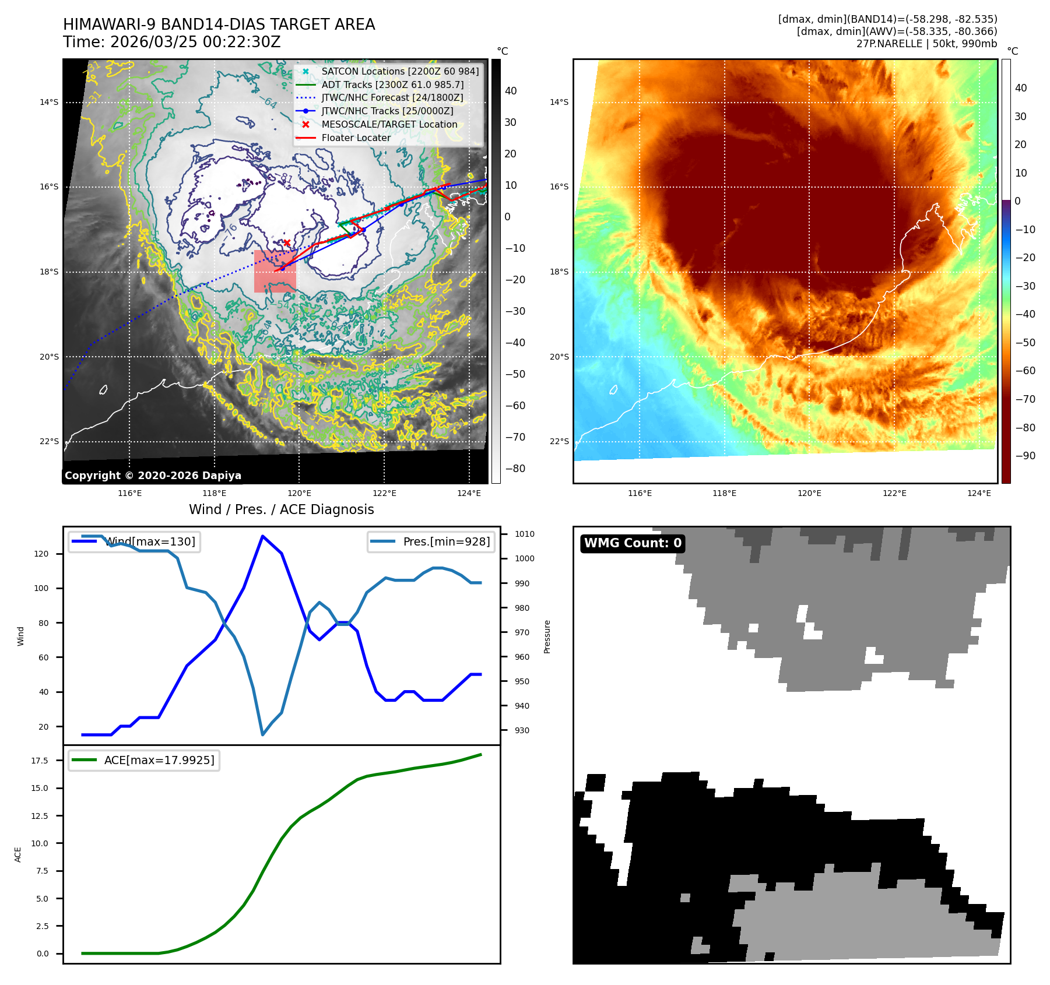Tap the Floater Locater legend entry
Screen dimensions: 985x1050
356,138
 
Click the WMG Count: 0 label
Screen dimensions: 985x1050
633,543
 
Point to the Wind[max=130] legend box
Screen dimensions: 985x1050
134,541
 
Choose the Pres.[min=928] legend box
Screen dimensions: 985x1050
431,541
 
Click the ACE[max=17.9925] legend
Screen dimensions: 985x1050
144,760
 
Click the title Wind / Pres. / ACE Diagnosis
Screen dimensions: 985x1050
281,509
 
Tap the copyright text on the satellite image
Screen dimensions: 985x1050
153,476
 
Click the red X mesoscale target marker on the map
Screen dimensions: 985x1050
287,242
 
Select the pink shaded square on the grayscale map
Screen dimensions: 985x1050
275,272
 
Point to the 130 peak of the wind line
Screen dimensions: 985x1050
263,536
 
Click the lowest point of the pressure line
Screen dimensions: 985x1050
263,734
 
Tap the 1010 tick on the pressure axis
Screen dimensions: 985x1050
524,534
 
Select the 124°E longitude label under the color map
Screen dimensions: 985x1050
979,493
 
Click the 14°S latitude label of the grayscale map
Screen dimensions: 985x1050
49,102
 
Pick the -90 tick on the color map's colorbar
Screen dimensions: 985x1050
1024,456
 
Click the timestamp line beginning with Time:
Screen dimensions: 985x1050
172,42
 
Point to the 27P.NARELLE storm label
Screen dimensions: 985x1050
926,44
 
